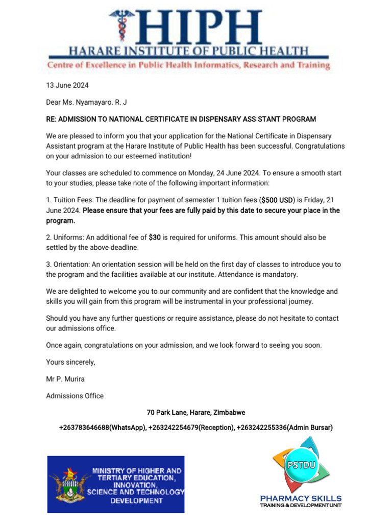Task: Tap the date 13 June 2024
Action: (67, 85)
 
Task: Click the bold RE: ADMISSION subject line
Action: (181, 119)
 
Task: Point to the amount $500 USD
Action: (276, 200)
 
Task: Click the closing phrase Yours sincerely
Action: (70, 362)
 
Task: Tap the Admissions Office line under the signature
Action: (75, 396)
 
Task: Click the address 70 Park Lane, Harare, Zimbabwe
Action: (196, 412)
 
